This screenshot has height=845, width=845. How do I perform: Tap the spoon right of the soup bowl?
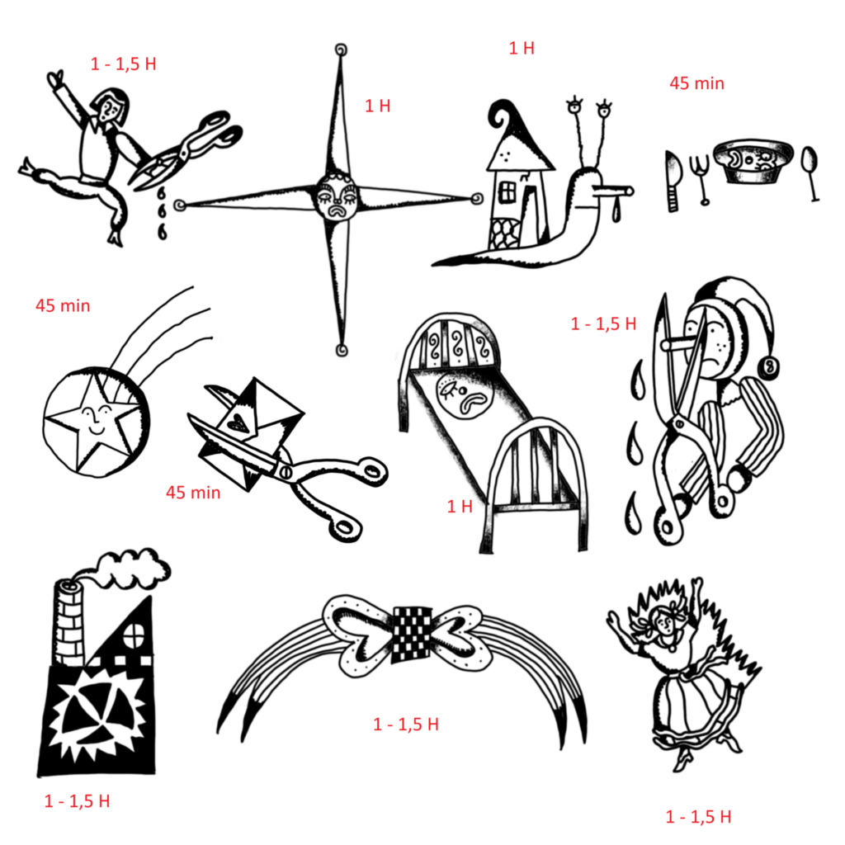810,172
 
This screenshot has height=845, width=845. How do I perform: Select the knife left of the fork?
673,181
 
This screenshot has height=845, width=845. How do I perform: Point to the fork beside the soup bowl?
702,179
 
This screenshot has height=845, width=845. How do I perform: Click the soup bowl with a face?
753,161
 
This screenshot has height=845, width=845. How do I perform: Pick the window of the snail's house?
507,192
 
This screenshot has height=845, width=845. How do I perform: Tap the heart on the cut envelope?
237,423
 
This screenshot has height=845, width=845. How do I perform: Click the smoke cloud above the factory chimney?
132,569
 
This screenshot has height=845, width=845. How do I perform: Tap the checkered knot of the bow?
413,634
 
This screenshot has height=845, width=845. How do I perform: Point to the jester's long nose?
682,344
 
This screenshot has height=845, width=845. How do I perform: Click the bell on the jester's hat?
770,367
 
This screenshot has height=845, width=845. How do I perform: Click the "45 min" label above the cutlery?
696,83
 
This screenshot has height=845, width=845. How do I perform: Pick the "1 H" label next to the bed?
460,506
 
